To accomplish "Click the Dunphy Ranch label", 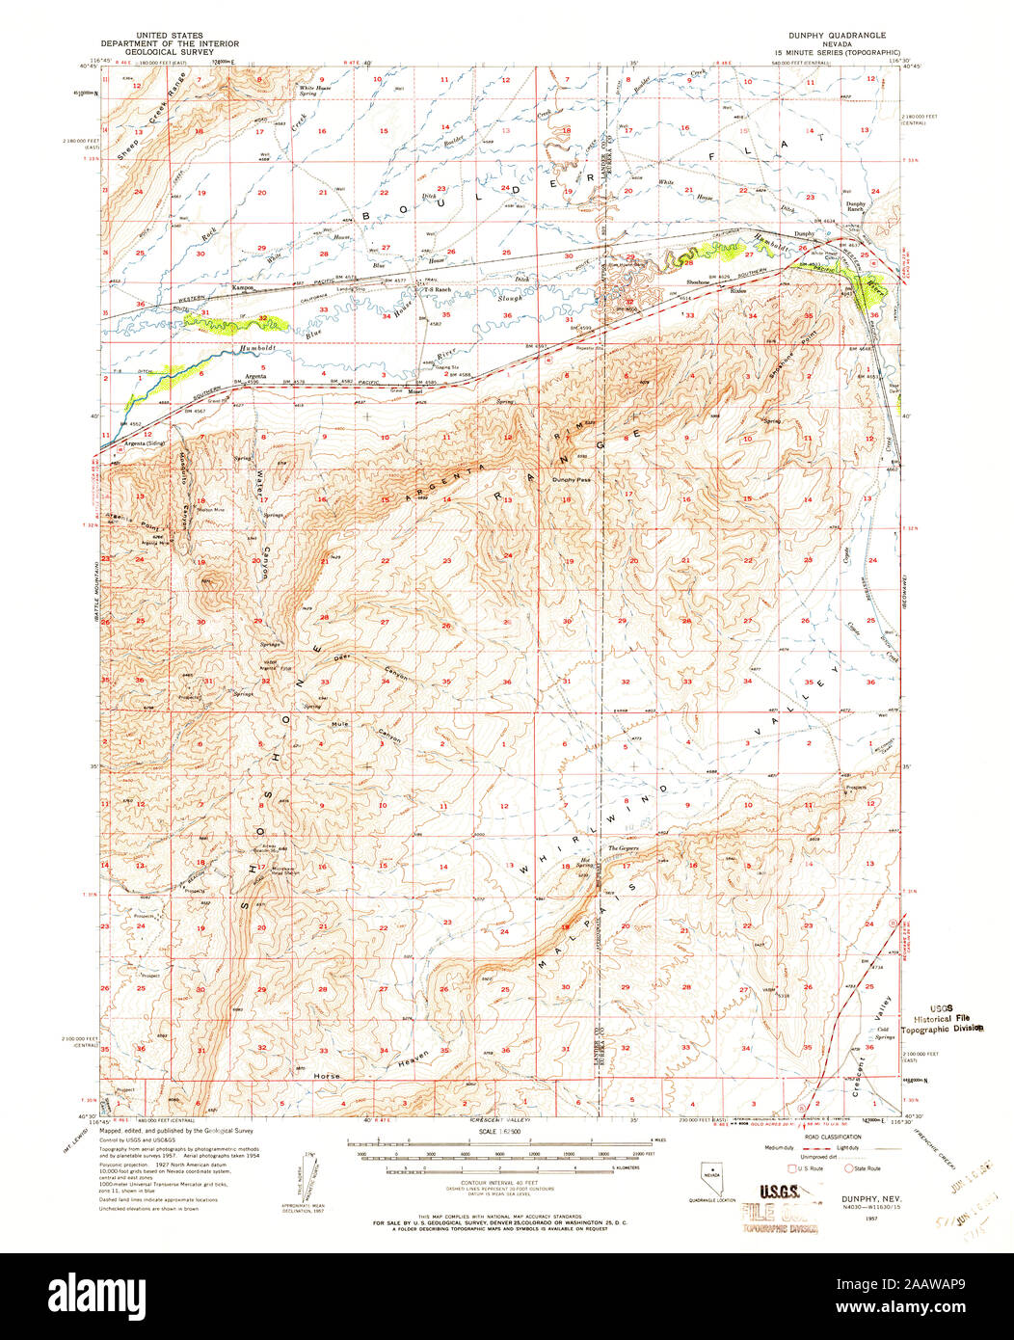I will pos(855,205).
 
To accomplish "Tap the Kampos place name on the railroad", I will pos(243,287).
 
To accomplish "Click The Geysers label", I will pos(621,848).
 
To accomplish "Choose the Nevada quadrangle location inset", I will pos(711,1176).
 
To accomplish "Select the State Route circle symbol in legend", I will pos(849,1168).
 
